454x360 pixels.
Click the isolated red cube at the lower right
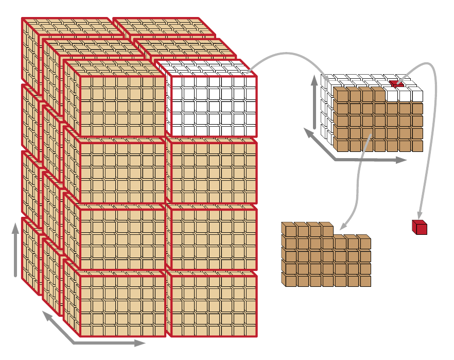[x=419, y=228]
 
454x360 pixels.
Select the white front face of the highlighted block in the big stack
[x=213, y=106]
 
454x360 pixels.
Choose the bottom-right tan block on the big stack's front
[x=213, y=306]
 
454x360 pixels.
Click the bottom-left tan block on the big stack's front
[x=123, y=306]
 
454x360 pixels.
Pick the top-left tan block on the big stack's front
[x=123, y=106]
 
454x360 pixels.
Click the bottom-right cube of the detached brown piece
[x=365, y=281]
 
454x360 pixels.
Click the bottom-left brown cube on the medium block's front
[x=340, y=145]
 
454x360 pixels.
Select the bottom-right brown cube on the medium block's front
[x=416, y=145]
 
